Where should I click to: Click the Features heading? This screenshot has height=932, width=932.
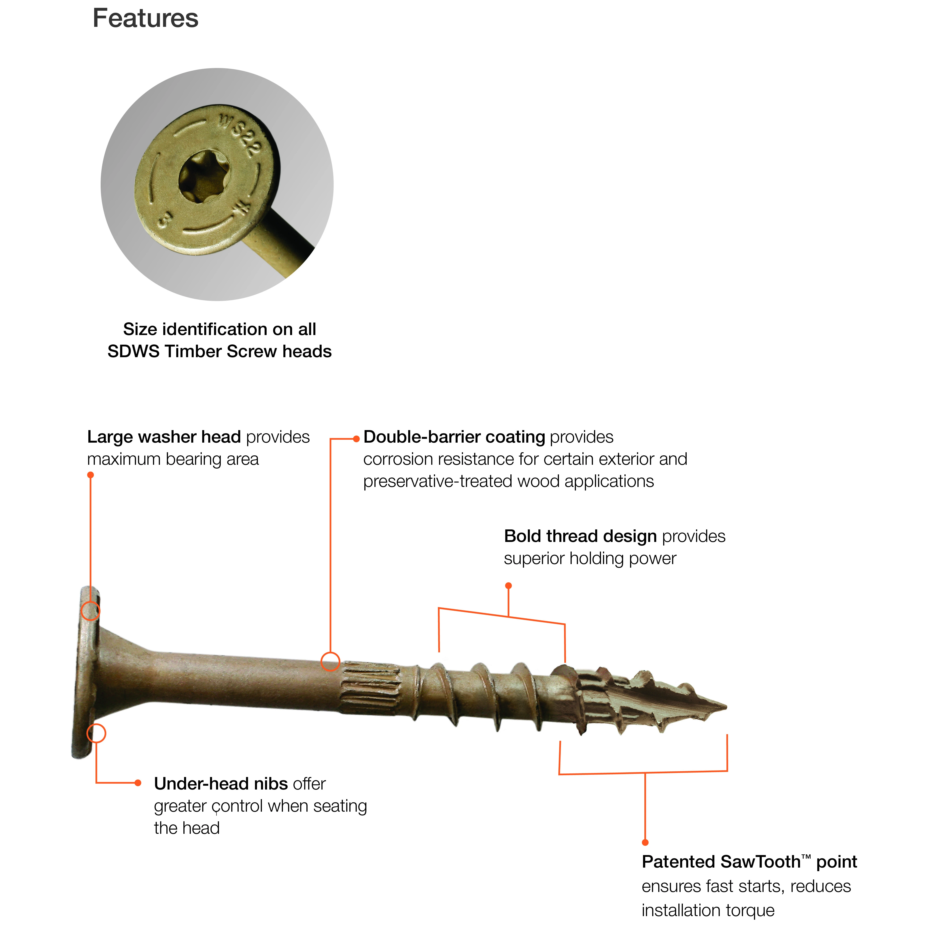pyautogui.click(x=145, y=18)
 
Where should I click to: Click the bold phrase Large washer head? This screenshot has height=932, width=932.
pyautogui.click(x=164, y=437)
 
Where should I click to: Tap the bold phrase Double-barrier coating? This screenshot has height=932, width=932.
pyautogui.click(x=454, y=437)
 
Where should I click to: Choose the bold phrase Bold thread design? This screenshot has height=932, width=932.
pyautogui.click(x=580, y=536)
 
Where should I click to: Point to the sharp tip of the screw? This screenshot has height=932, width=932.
pyautogui.click(x=726, y=707)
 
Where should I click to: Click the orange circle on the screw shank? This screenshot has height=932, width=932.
pyautogui.click(x=330, y=661)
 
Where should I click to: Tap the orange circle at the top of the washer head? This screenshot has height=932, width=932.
pyautogui.click(x=90, y=611)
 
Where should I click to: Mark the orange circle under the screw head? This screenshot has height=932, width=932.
pyautogui.click(x=96, y=733)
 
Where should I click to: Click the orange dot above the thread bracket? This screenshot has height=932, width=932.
pyautogui.click(x=508, y=586)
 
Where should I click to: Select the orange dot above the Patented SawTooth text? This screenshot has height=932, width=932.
pyautogui.click(x=645, y=842)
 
